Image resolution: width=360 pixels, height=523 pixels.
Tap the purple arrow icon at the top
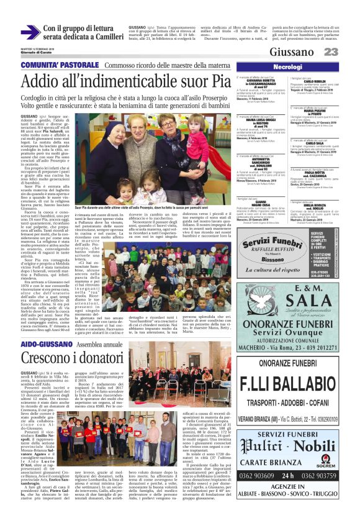coord(30,32)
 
